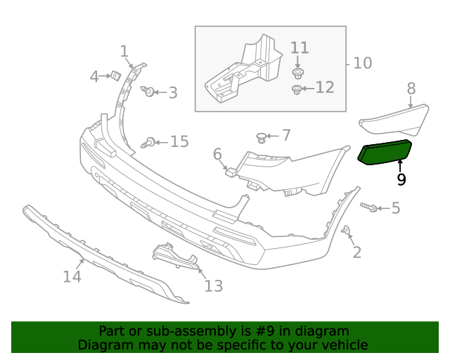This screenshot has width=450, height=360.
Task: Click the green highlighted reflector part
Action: coord(385,153)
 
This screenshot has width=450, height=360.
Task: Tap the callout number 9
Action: coord(401,179)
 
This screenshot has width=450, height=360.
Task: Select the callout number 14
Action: coord(72,276)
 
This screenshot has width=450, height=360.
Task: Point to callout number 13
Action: coord(213,285)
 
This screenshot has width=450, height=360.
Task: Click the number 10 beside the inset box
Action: coord(362,63)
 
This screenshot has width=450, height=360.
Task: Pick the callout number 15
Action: coord(179,142)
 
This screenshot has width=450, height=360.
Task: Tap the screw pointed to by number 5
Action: coord(371,207)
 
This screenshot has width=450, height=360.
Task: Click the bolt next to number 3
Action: coord(149,91)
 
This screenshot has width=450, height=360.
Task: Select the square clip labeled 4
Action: coord(114,75)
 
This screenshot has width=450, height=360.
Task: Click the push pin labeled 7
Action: coord(262,136)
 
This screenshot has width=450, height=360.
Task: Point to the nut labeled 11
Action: coord(300,72)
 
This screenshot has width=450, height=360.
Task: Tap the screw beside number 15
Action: coord(149,143)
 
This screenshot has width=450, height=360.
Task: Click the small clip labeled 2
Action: coord(346,231)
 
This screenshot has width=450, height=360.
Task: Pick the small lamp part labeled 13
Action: coord(172,254)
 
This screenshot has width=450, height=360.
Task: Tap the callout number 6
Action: coord(217,153)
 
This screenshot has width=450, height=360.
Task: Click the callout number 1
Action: coord(124,51)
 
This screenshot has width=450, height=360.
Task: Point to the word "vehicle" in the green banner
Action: coord(343,345)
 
